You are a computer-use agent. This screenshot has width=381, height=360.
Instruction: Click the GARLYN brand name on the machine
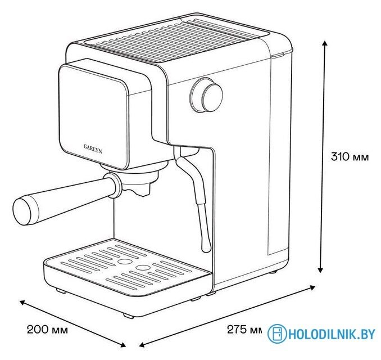click(93, 149)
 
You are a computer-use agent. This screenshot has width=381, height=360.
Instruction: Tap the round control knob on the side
click(206, 95)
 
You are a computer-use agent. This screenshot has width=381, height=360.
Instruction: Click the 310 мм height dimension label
click(350, 157)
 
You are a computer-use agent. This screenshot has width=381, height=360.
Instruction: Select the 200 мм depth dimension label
click(47, 330)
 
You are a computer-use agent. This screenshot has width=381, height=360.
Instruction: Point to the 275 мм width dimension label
click(244, 330)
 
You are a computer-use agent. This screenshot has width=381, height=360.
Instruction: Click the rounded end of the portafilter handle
click(22, 210)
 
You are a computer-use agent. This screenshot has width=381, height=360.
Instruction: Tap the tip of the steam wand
click(207, 249)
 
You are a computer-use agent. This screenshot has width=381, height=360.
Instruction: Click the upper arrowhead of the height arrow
click(324, 44)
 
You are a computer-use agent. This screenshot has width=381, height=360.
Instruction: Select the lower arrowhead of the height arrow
click(320, 269)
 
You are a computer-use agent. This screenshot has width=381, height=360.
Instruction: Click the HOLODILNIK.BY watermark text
click(332, 334)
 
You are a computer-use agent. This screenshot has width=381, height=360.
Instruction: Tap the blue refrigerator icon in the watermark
click(277, 334)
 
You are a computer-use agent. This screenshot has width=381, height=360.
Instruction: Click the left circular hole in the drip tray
click(124, 261)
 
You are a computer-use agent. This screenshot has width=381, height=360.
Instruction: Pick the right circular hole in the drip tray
click(142, 267)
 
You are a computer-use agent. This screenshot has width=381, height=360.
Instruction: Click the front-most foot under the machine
click(128, 316)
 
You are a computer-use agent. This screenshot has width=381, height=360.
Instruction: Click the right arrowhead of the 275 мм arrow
click(312, 287)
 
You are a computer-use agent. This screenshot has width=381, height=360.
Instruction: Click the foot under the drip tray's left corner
click(61, 290)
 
